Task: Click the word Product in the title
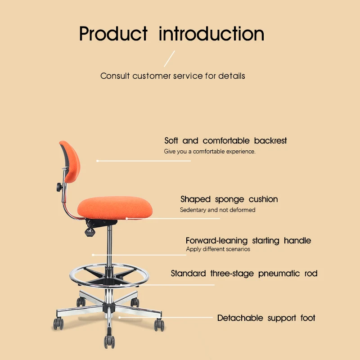coord(113,34)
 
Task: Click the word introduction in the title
coord(211,34)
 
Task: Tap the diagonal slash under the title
coord(169,59)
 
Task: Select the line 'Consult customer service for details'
coord(172,76)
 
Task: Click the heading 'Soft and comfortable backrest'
coord(225,141)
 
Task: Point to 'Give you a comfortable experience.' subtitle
coord(209,152)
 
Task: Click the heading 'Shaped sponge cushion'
coord(229,199)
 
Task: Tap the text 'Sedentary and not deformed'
coord(217,210)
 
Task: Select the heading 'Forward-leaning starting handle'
coord(248,241)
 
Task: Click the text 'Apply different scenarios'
coord(218,249)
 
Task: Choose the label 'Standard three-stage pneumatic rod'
coord(244,274)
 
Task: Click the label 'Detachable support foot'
coord(266,318)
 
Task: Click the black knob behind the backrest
coord(60,187)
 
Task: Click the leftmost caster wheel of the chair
coord(58,323)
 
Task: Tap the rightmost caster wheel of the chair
coord(159,325)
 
